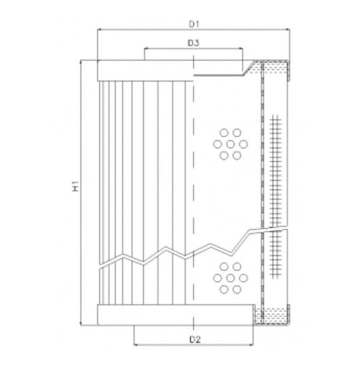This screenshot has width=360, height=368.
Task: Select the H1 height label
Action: tap(75, 187)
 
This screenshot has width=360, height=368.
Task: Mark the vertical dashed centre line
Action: tap(192, 196)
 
